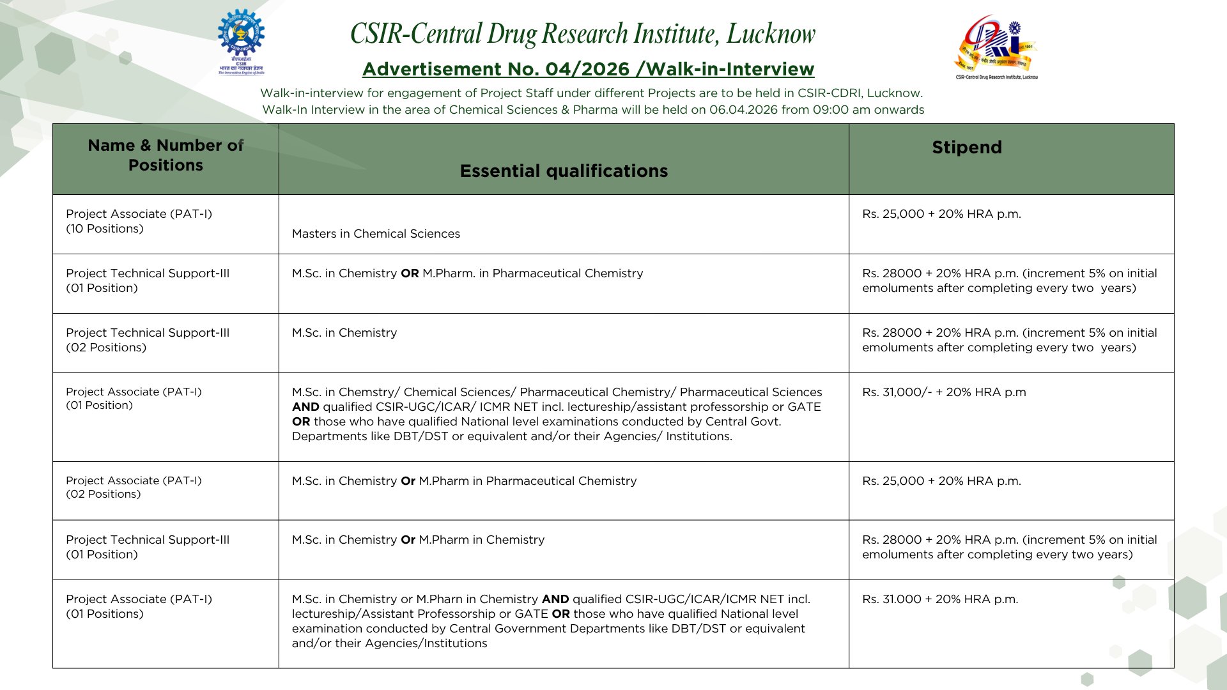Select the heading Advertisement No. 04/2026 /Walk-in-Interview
click(588, 69)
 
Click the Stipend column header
click(966, 148)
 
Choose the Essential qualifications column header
click(564, 171)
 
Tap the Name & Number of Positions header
click(166, 155)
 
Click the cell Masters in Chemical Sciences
click(376, 234)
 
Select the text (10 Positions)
click(105, 229)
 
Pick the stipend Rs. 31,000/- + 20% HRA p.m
click(944, 392)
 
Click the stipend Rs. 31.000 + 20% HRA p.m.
click(940, 599)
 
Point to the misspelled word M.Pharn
click(439, 599)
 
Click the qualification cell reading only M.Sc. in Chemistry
click(344, 333)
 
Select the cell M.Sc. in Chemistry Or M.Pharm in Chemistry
click(418, 540)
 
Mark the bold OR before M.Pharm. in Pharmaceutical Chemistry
click(410, 273)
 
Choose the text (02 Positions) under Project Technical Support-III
click(106, 348)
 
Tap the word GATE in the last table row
click(531, 614)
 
